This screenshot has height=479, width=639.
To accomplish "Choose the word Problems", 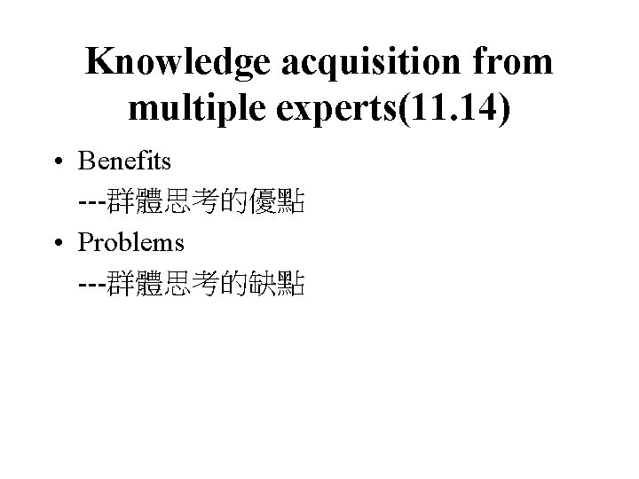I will click(131, 242).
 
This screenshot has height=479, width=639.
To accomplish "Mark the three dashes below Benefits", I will click(91, 203).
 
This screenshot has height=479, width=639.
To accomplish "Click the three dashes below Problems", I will click(91, 283).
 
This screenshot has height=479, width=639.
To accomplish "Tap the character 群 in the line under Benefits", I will click(119, 203).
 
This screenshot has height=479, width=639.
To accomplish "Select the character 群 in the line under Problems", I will click(119, 283).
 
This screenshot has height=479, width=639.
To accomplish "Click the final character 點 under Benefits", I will click(294, 203).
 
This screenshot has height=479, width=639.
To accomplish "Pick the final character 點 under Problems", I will click(294, 283).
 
